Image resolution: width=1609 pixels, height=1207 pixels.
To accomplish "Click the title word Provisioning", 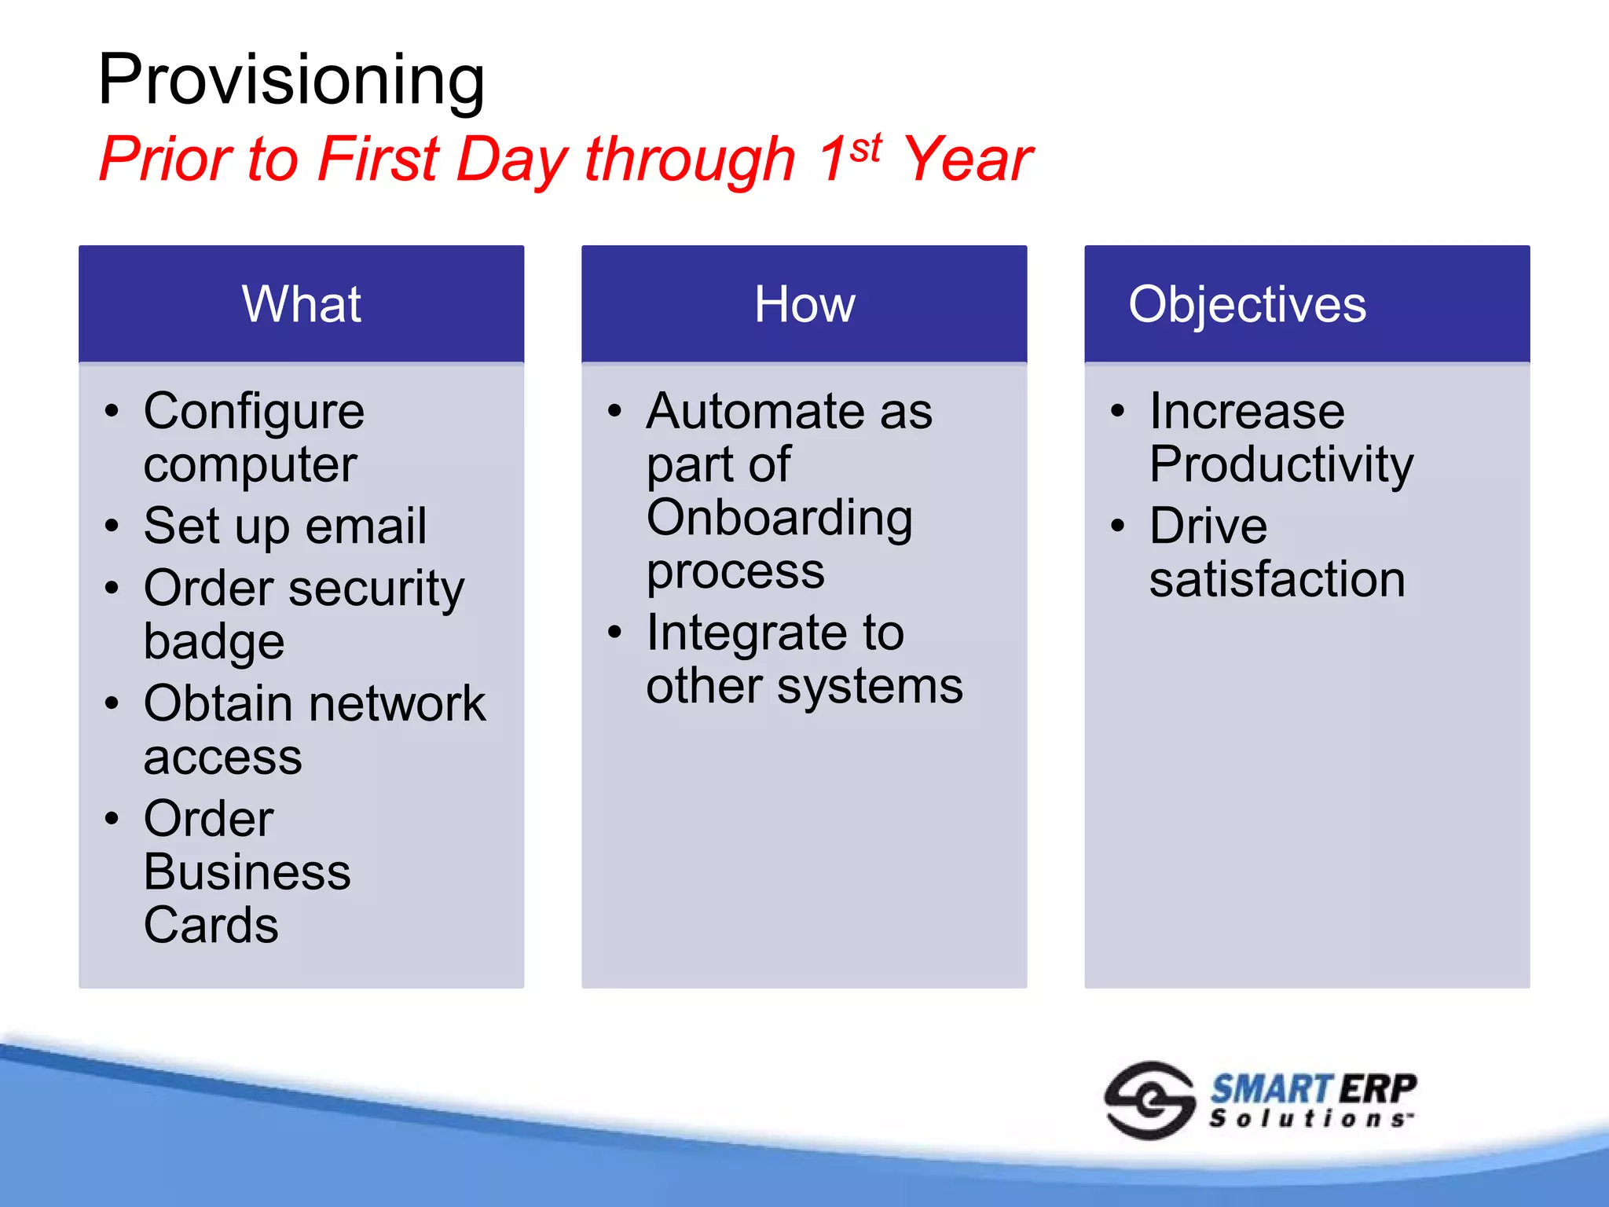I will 291,80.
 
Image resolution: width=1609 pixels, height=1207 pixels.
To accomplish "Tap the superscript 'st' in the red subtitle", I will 865,148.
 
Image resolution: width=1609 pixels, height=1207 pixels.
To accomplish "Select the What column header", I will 302,304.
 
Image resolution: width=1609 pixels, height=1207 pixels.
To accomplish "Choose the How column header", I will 804,304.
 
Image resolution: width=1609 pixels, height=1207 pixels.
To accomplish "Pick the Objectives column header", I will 1247,304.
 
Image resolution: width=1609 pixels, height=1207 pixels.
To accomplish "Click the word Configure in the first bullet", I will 254,412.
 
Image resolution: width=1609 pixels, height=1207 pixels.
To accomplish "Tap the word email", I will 366,526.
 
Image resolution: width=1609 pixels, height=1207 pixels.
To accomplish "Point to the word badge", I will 214,642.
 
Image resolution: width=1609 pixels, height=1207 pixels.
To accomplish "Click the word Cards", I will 211,925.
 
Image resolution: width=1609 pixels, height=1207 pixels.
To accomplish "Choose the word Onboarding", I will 779,519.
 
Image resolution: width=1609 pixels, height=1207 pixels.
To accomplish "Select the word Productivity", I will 1281,464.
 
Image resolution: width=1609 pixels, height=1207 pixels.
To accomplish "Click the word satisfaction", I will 1277,579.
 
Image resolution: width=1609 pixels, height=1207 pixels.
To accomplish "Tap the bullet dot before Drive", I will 1117,526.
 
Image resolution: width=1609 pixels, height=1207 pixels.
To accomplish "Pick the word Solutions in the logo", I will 1310,1118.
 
